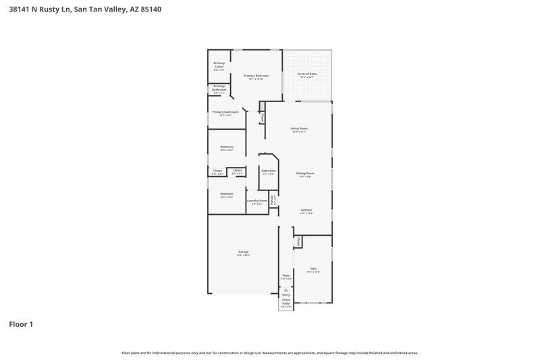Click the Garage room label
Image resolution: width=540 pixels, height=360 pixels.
click(243, 252)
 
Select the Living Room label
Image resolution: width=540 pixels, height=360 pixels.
click(299, 128)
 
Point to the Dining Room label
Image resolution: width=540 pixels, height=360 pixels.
click(305, 173)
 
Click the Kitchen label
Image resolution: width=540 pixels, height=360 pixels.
click(306, 210)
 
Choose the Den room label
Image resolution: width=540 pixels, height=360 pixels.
click(313, 268)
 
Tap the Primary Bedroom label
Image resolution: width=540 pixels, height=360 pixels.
click(256, 76)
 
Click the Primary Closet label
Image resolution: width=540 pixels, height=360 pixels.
click(219, 65)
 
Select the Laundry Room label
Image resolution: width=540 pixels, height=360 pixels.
click(257, 201)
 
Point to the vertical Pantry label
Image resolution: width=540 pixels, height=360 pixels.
click(272, 200)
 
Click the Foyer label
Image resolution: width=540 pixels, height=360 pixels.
click(286, 275)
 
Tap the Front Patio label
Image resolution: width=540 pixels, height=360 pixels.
click(286, 301)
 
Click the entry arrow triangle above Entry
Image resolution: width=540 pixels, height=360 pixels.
click(286, 289)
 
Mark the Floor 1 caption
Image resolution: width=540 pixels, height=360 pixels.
click(21, 324)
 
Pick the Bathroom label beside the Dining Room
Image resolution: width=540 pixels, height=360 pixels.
click(269, 171)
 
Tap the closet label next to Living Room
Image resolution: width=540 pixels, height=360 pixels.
click(262, 118)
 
